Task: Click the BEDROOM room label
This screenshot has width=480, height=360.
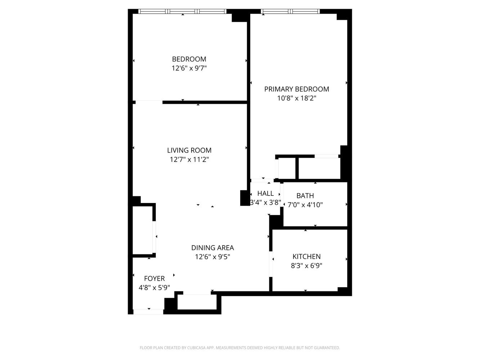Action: [x=189, y=59]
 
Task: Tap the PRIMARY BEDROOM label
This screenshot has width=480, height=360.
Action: [x=296, y=89]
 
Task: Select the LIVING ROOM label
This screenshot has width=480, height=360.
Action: [x=189, y=150]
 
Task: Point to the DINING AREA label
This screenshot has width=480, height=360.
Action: [x=212, y=248]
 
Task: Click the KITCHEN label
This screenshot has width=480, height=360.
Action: [x=306, y=256]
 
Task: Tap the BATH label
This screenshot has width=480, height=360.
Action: [x=305, y=195]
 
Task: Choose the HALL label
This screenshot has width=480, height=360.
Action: [x=265, y=193]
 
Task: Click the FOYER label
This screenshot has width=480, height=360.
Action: [x=154, y=278]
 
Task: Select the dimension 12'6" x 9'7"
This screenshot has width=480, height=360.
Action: [x=189, y=68]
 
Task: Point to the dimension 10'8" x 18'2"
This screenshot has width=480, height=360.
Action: [x=296, y=98]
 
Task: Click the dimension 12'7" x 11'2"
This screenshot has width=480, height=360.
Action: [x=189, y=159]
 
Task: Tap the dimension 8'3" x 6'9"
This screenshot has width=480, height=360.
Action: [x=306, y=266]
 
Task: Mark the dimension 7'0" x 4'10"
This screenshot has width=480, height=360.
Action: [x=305, y=205]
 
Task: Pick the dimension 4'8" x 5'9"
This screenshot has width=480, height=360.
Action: [x=154, y=288]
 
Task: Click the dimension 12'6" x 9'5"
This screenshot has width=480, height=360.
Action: [x=212, y=257]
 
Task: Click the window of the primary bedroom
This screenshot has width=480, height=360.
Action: [x=290, y=12]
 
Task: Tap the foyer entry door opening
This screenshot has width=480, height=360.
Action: [x=148, y=311]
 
